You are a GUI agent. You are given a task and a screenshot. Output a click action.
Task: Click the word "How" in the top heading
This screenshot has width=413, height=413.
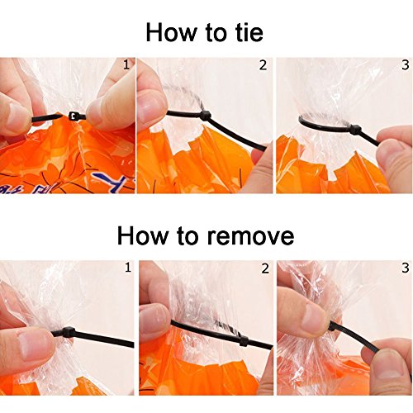pyautogui.click(x=170, y=32)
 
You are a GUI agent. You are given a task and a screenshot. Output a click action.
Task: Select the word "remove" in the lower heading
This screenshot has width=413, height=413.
pyautogui.click(x=250, y=236)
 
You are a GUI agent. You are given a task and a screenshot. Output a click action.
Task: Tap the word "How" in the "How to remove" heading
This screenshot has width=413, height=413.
pyautogui.click(x=143, y=235)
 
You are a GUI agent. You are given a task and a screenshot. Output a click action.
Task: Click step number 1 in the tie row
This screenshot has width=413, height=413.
pyautogui.click(x=126, y=65)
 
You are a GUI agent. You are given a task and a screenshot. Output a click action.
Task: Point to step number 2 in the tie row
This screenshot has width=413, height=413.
pyautogui.click(x=263, y=65)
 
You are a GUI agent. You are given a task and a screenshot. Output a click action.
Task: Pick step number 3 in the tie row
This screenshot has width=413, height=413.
pyautogui.click(x=406, y=65)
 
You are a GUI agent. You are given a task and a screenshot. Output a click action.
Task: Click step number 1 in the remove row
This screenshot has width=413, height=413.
pyautogui.click(x=128, y=268)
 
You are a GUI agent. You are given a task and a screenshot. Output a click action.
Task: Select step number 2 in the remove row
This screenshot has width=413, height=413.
pyautogui.click(x=265, y=268)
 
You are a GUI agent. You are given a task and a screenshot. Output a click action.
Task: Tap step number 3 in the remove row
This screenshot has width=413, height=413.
pyautogui.click(x=406, y=268)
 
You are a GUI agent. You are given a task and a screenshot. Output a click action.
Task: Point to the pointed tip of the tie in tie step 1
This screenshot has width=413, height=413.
pyautogui.click(x=59, y=116)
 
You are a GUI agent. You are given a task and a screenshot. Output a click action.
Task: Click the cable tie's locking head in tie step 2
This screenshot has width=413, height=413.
pyautogui.click(x=206, y=116)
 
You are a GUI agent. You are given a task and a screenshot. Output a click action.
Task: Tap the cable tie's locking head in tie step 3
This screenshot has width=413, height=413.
pyautogui.click(x=355, y=129)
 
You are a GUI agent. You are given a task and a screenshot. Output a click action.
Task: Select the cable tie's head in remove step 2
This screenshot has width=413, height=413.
pyautogui.click(x=244, y=340)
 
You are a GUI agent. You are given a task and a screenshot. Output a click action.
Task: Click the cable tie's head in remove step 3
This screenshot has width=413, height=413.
pyautogui.click(x=332, y=326)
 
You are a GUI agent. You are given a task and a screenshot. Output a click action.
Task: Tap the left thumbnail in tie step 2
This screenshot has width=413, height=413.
pyautogui.click(x=151, y=106)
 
